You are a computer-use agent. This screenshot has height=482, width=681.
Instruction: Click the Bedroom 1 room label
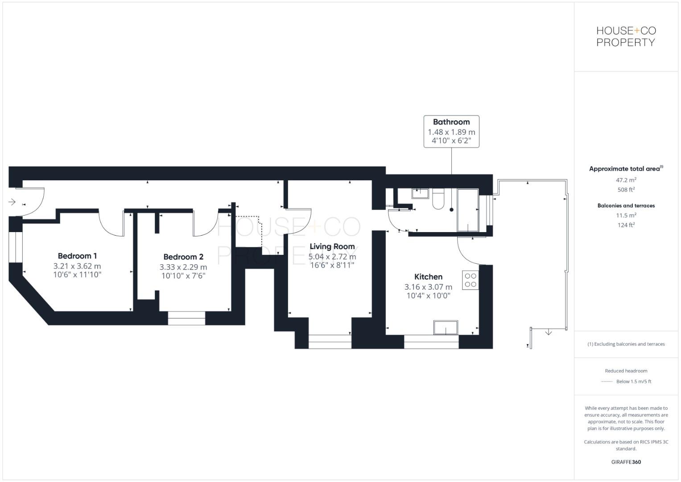[x=77, y=256]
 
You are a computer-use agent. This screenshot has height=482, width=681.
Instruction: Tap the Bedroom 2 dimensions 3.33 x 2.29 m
[x=183, y=267]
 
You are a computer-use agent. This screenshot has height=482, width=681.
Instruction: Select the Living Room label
[x=332, y=246]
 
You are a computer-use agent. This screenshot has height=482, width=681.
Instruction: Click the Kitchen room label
[x=428, y=277]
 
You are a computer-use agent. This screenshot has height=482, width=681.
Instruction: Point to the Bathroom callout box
[x=451, y=131]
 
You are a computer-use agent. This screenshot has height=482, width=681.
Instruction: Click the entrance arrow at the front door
[x=12, y=202]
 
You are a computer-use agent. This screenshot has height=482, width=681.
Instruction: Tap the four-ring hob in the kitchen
[x=471, y=280]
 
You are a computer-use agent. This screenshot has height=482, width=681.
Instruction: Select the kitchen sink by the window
[x=446, y=327]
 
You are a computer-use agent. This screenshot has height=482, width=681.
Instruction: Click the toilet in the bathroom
[x=438, y=200]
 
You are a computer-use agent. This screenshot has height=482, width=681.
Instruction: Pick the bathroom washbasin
[x=420, y=193]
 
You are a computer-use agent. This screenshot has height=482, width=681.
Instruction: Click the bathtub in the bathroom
[x=468, y=210]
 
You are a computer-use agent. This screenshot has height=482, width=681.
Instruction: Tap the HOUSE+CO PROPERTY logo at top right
[x=626, y=37]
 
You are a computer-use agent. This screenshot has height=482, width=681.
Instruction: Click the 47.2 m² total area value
[x=626, y=180]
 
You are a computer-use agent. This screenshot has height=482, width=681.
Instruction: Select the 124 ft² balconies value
[x=626, y=225]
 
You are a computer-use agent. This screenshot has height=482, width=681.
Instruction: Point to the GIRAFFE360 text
[x=626, y=462]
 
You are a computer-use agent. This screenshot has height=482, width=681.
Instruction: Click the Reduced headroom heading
[x=626, y=371]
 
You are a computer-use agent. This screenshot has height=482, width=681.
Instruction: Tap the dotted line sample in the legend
[x=607, y=382]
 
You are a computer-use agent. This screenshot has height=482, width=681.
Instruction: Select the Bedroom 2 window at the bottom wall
[x=186, y=318]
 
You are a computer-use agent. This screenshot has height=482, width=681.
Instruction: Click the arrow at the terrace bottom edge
[x=549, y=332]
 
